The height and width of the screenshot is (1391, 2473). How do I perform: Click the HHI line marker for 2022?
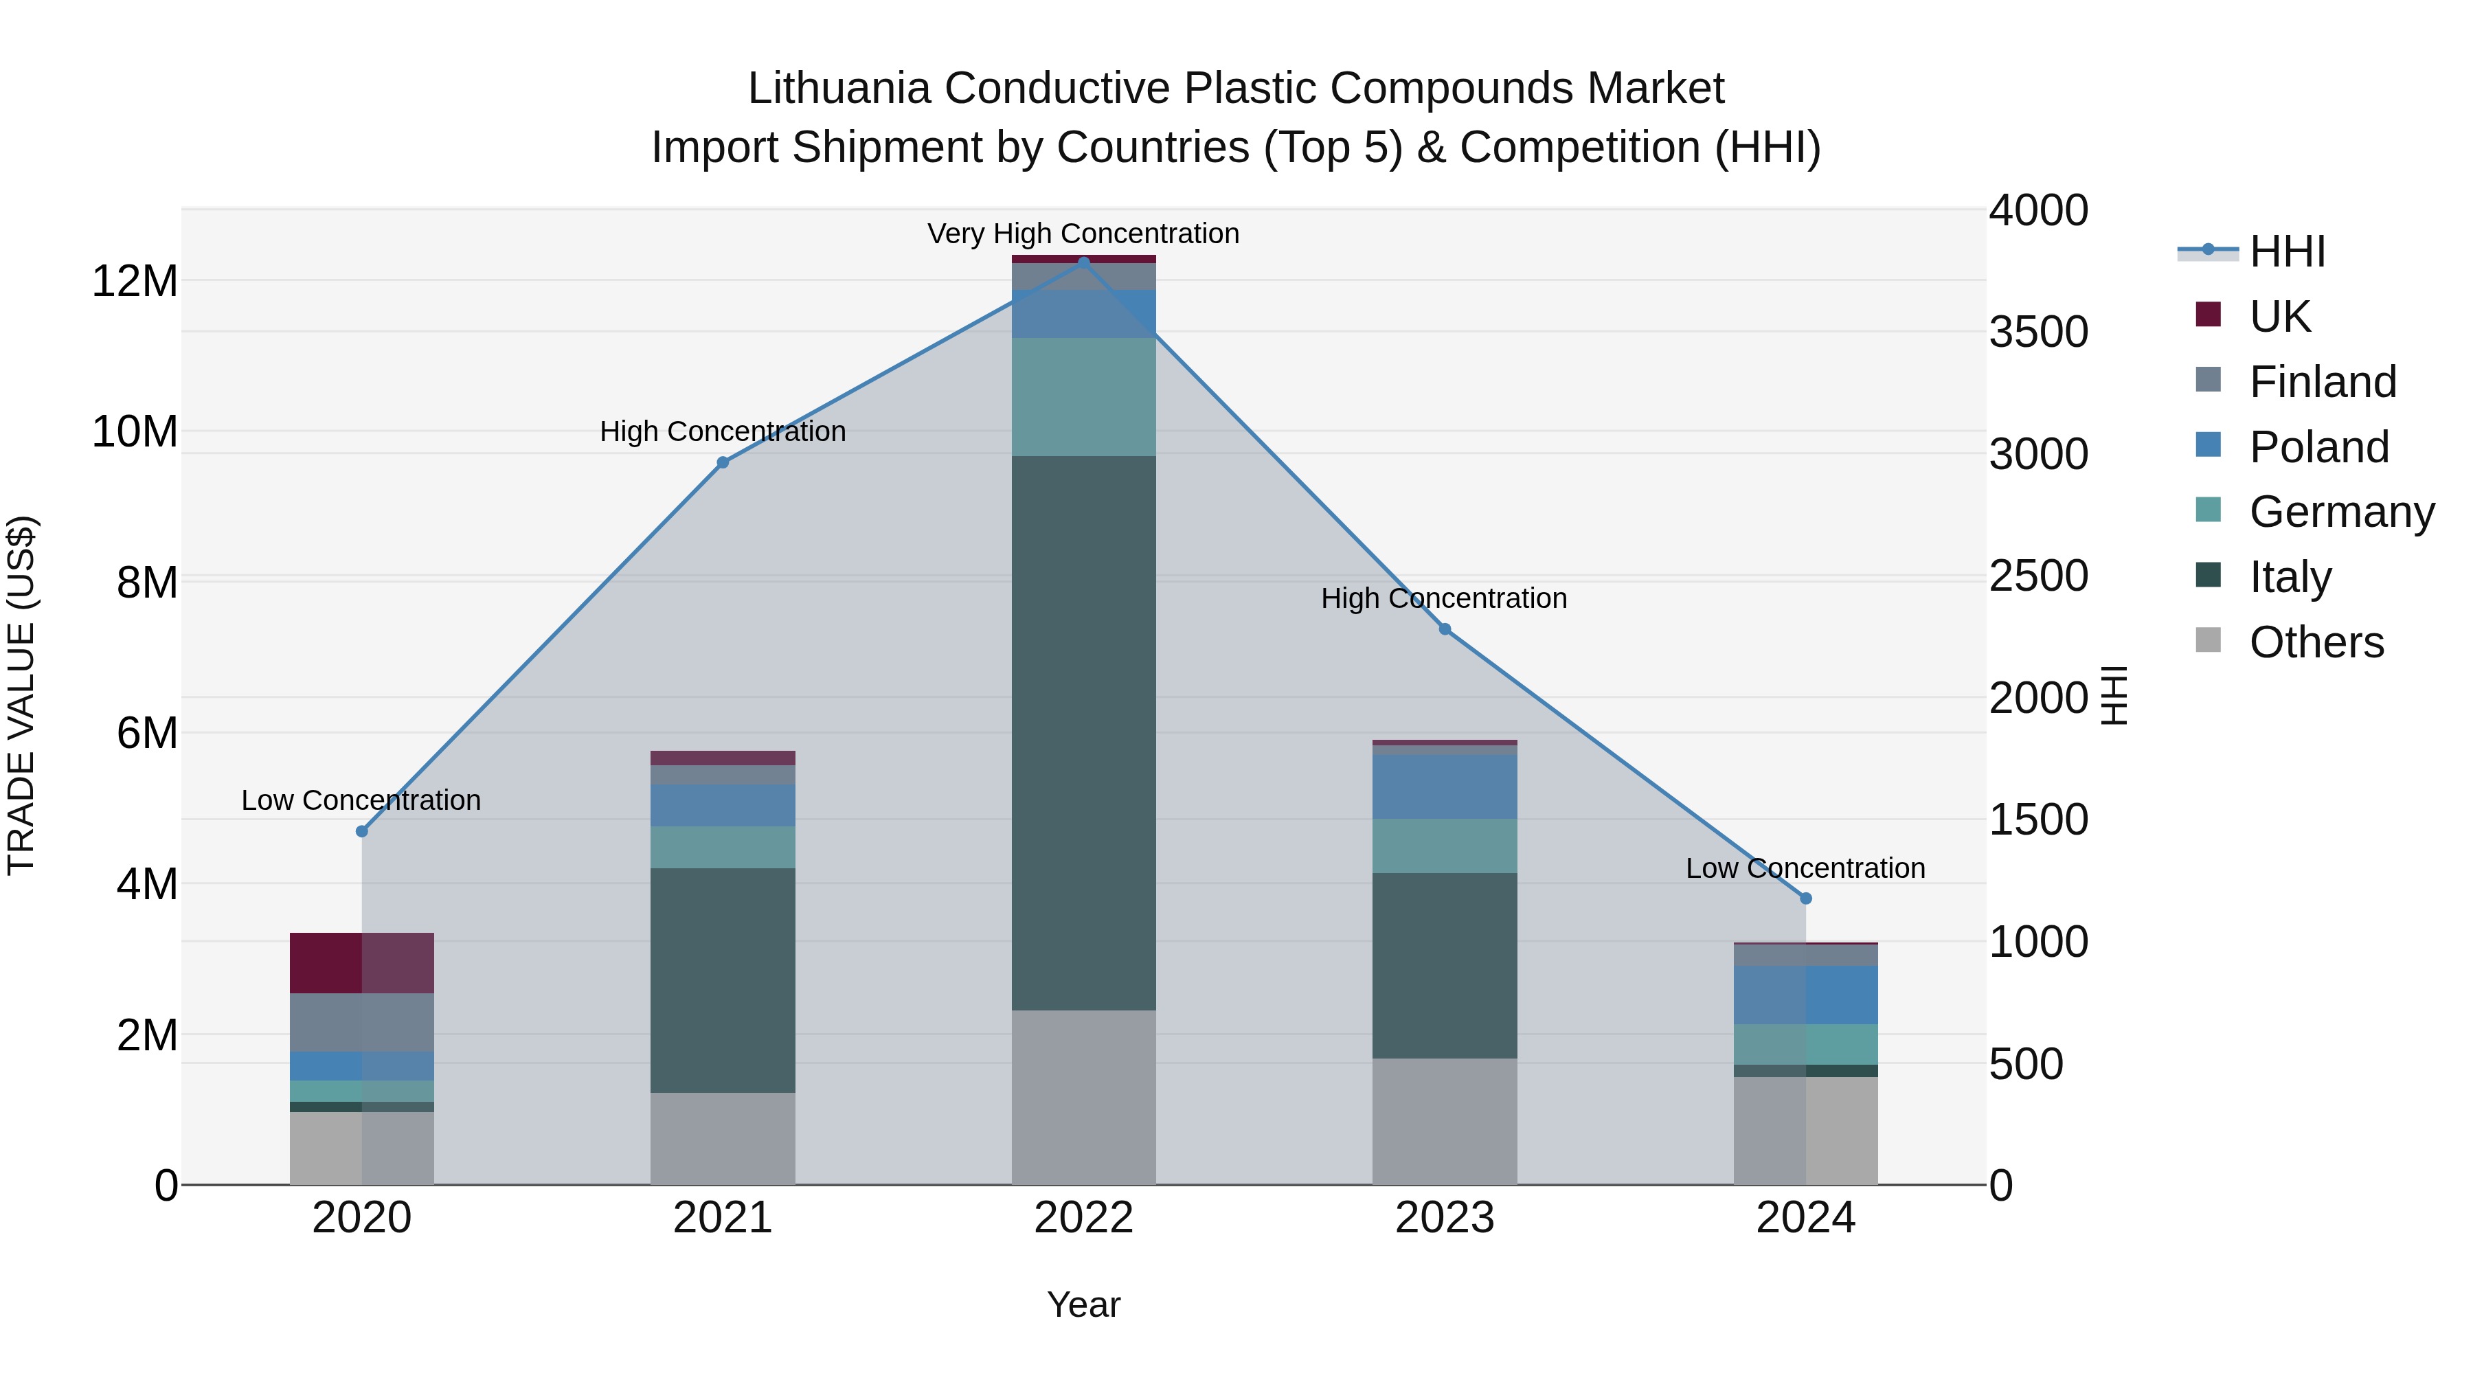tap(1084, 262)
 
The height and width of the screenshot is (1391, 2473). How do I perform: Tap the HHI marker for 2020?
tap(362, 831)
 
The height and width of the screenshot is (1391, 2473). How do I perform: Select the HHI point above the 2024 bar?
tap(1806, 898)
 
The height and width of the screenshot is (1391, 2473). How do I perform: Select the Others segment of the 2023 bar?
tap(1445, 1120)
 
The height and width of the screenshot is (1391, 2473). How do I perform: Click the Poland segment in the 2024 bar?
tap(1806, 995)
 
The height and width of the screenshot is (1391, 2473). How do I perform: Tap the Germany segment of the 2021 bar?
tap(723, 847)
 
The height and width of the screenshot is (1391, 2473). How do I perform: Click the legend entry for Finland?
tap(2323, 382)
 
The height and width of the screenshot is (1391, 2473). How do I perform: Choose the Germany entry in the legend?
tap(2342, 512)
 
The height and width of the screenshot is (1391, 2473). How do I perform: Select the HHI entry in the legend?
tap(2287, 251)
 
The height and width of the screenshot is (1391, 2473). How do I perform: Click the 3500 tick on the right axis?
tap(2038, 332)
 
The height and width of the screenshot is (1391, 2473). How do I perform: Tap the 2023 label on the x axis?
tap(1445, 1218)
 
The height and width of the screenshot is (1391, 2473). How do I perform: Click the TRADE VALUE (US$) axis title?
tap(21, 695)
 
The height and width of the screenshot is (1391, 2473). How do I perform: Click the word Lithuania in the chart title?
tap(839, 89)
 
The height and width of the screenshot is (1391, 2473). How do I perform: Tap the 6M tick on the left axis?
tap(147, 734)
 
